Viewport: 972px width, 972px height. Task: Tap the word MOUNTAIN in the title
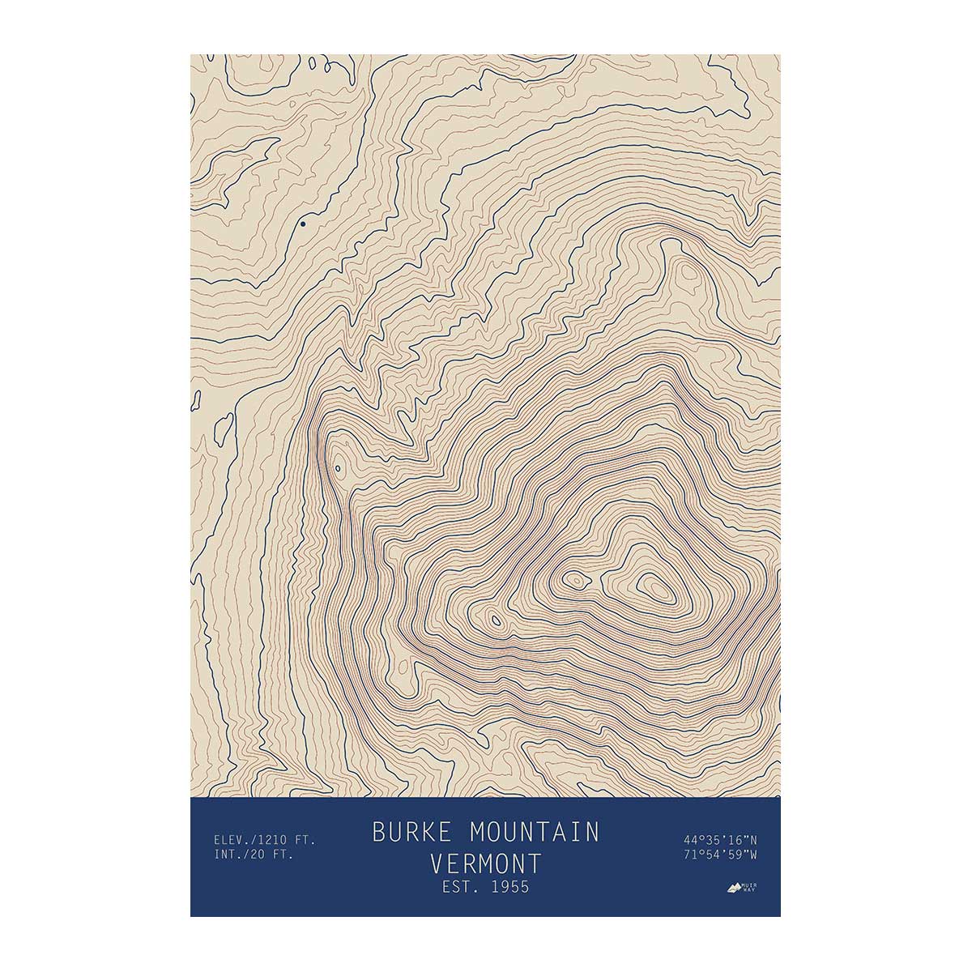(x=535, y=832)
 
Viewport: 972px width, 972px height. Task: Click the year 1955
(x=508, y=887)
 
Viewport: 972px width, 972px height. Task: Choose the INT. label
(x=228, y=855)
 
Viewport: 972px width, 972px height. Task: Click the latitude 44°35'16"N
(x=720, y=839)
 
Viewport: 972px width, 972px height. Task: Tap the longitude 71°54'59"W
(x=720, y=855)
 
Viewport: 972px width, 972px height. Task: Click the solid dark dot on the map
(x=303, y=224)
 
